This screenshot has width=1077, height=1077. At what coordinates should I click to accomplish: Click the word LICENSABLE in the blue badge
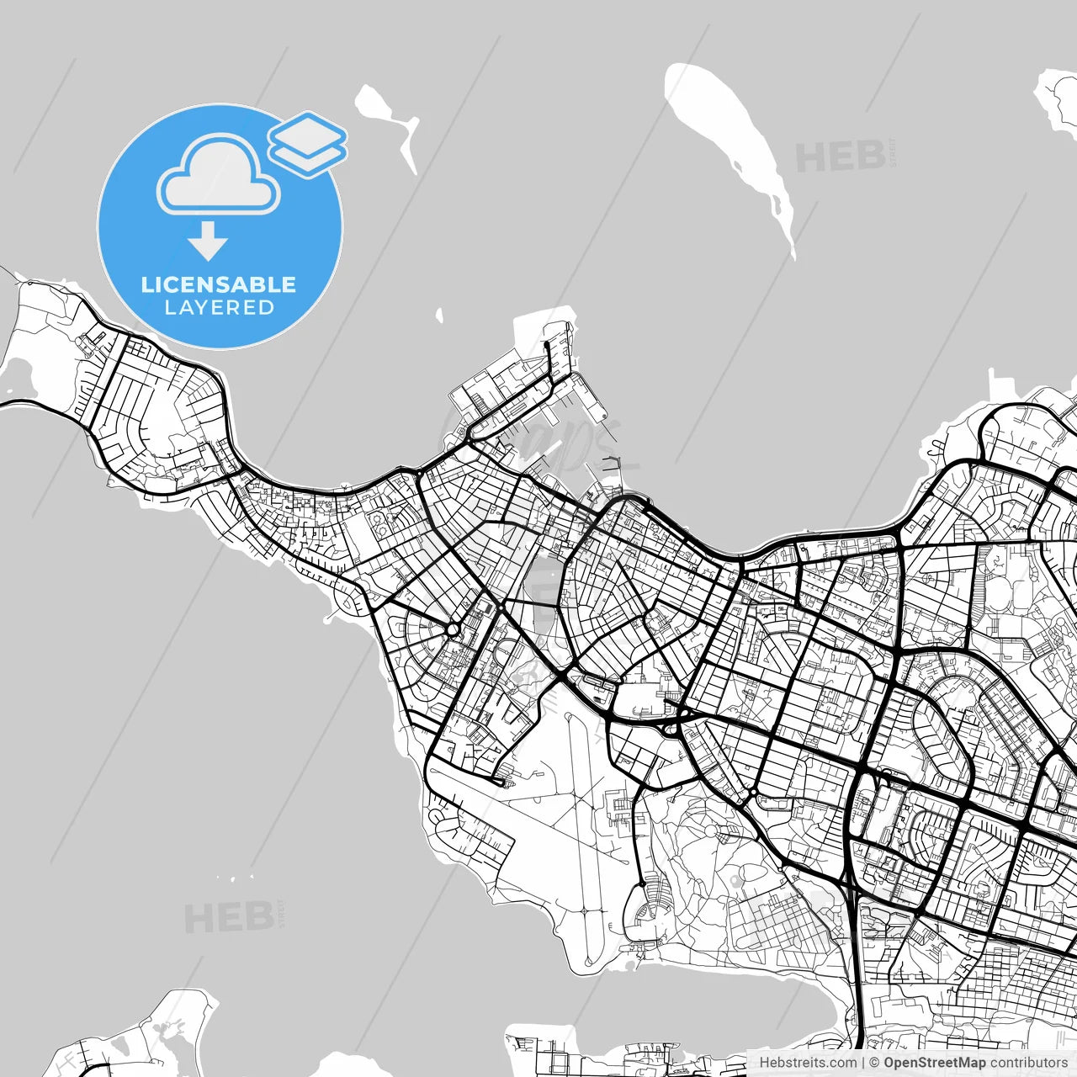click(219, 284)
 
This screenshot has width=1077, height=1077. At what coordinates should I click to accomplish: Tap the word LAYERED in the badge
click(219, 308)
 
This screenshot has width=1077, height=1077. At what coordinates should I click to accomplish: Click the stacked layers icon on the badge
click(308, 143)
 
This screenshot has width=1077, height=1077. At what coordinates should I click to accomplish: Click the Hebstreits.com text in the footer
click(808, 1063)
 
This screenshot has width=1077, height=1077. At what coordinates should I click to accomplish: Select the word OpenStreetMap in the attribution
click(934, 1063)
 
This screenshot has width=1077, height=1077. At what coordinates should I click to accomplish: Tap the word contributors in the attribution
click(1028, 1063)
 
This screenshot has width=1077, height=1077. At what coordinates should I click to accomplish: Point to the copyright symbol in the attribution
click(874, 1063)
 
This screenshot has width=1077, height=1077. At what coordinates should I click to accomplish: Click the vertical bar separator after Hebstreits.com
click(863, 1063)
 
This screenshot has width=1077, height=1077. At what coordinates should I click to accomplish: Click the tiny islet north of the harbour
click(439, 316)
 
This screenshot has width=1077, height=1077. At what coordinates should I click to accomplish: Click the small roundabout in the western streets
click(453, 629)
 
